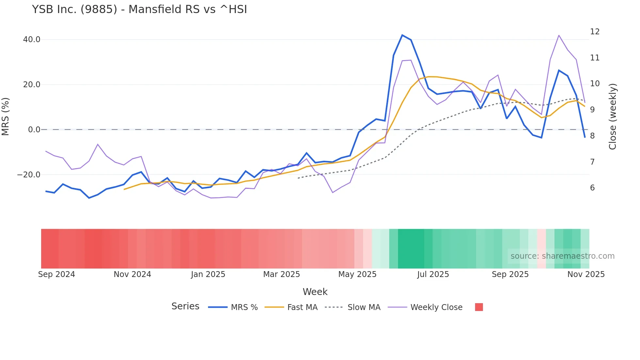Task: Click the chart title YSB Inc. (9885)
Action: tap(139, 9)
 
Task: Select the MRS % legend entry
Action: tap(233, 307)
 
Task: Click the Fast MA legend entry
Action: tap(291, 307)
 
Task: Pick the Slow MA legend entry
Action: tap(353, 307)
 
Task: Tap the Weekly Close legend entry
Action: tap(425, 307)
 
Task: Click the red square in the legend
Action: tap(479, 307)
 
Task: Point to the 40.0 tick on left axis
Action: tap(32, 40)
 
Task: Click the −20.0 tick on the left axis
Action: tap(29, 175)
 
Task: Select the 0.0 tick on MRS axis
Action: tap(34, 130)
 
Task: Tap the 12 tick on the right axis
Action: tap(595, 32)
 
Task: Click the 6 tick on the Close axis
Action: tap(592, 188)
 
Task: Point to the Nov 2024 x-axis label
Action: tap(132, 274)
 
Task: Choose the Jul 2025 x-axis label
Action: tap(433, 274)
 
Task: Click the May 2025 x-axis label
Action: tap(357, 274)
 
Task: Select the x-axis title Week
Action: tap(315, 292)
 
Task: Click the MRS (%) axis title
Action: tap(6, 117)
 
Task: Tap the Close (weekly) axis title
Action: tap(613, 117)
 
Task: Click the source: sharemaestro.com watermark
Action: tap(562, 256)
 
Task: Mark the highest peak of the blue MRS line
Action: tap(402, 35)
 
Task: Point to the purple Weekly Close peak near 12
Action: tap(559, 35)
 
